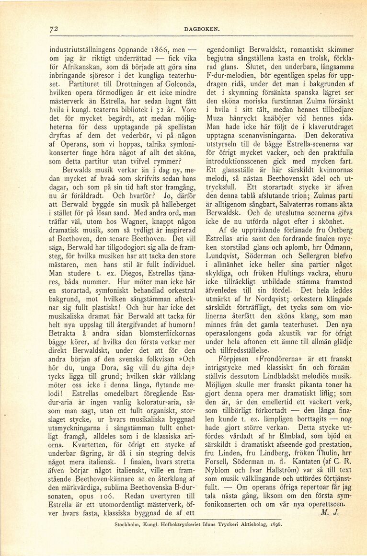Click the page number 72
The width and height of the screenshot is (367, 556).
pyautogui.click(x=54, y=28)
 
